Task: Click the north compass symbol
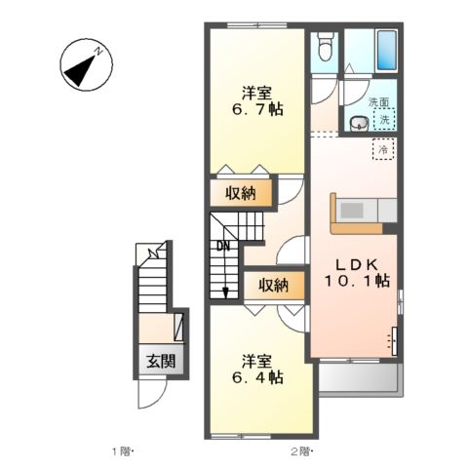point(87,65)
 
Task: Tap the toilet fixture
point(325,47)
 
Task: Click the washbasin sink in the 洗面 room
point(359,124)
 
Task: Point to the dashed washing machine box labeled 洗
point(384,119)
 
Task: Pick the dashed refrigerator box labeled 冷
point(383,149)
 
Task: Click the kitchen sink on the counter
point(351,211)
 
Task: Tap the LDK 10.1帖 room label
point(357,273)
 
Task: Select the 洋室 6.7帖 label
point(257,101)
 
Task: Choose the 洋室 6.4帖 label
point(257,369)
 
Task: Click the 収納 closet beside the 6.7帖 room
point(241,193)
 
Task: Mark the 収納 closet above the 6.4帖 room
point(274,286)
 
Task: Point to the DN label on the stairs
point(223,246)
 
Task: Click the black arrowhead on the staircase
point(225,293)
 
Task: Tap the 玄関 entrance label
point(161,361)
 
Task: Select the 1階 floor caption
point(123,451)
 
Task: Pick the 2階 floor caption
point(301,451)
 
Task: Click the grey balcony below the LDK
point(360,378)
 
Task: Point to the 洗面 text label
point(378,102)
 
